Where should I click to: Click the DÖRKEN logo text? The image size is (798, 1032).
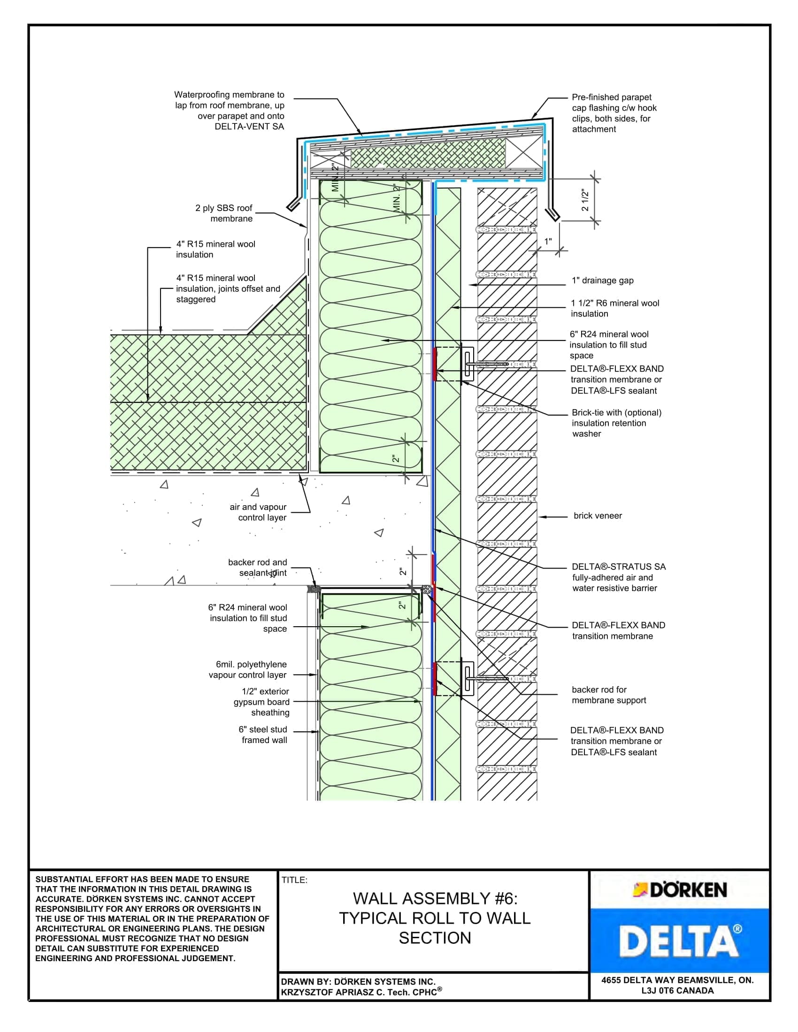pyautogui.click(x=688, y=890)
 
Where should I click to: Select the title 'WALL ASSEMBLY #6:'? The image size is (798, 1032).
pyautogui.click(x=435, y=898)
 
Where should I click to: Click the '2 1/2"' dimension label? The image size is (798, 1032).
pyautogui.click(x=585, y=200)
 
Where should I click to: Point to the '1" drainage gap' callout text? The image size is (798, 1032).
pyautogui.click(x=602, y=280)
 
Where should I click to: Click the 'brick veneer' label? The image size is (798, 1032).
pyautogui.click(x=598, y=516)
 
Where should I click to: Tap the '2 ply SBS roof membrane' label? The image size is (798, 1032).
pyautogui.click(x=224, y=213)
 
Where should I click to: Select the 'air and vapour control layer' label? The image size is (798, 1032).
pyautogui.click(x=258, y=512)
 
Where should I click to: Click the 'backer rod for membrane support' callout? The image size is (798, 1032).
pyautogui.click(x=608, y=695)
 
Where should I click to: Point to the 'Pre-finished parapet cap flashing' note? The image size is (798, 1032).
pyautogui.click(x=614, y=113)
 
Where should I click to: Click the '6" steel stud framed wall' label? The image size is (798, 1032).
pyautogui.click(x=263, y=735)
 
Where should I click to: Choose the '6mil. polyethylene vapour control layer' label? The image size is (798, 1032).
pyautogui.click(x=248, y=669)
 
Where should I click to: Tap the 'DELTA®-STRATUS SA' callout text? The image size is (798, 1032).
pyautogui.click(x=618, y=567)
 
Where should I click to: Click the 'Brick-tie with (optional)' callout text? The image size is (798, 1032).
pyautogui.click(x=616, y=412)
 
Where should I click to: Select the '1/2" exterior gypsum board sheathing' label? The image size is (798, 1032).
pyautogui.click(x=261, y=702)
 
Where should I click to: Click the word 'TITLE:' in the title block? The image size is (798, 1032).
pyautogui.click(x=294, y=880)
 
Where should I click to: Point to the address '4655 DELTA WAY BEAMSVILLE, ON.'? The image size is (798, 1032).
pyautogui.click(x=677, y=980)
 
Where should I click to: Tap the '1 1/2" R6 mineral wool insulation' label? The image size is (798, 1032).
pyautogui.click(x=614, y=308)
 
